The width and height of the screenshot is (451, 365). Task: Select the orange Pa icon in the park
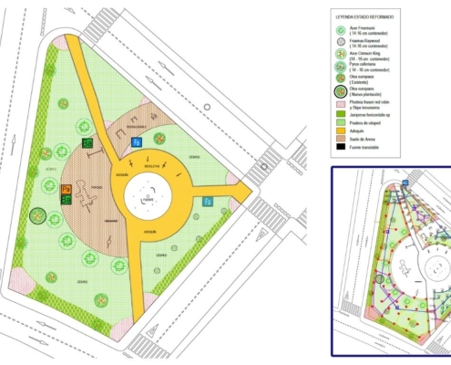[67, 189]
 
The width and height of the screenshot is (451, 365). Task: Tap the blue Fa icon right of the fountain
[208, 201]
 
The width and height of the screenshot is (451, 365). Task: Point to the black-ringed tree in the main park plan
[37, 216]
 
